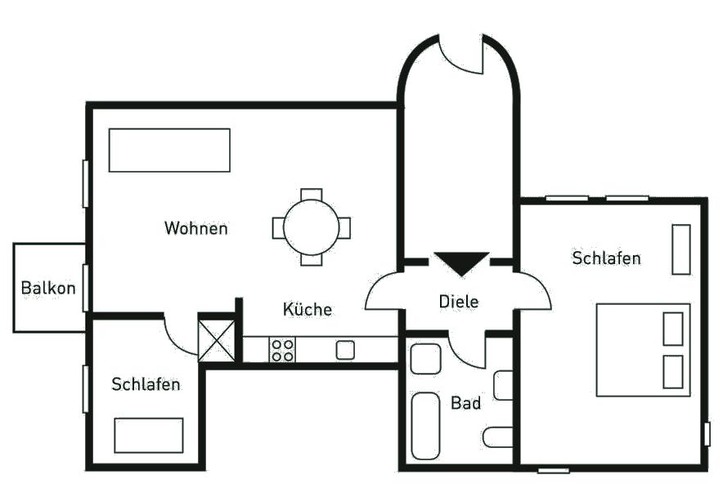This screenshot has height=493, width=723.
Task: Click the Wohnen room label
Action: coord(196,228)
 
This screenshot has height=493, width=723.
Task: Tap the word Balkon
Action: coord(48,288)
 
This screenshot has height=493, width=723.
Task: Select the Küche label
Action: coord(307,309)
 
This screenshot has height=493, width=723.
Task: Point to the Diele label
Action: coord(459,302)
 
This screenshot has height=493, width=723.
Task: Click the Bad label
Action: coord(465,403)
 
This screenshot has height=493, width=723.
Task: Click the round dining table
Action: coord(312,227)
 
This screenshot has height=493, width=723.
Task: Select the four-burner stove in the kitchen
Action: coord(282,350)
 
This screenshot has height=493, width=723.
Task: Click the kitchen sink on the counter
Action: coord(345,350)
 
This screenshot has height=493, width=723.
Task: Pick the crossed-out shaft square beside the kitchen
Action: coord(216,341)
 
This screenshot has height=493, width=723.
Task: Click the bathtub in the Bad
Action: coord(425,426)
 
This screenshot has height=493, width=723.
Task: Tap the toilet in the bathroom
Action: coord(498,437)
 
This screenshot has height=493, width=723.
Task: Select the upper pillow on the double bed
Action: coord(673,329)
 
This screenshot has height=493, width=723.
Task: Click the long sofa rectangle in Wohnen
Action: coord(169,150)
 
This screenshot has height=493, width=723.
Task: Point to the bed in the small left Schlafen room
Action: coord(149,436)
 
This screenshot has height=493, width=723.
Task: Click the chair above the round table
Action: coord(312,194)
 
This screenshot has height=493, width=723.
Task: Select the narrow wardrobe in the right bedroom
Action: coord(681,249)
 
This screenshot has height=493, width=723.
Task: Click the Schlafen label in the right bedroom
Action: coord(606,258)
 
